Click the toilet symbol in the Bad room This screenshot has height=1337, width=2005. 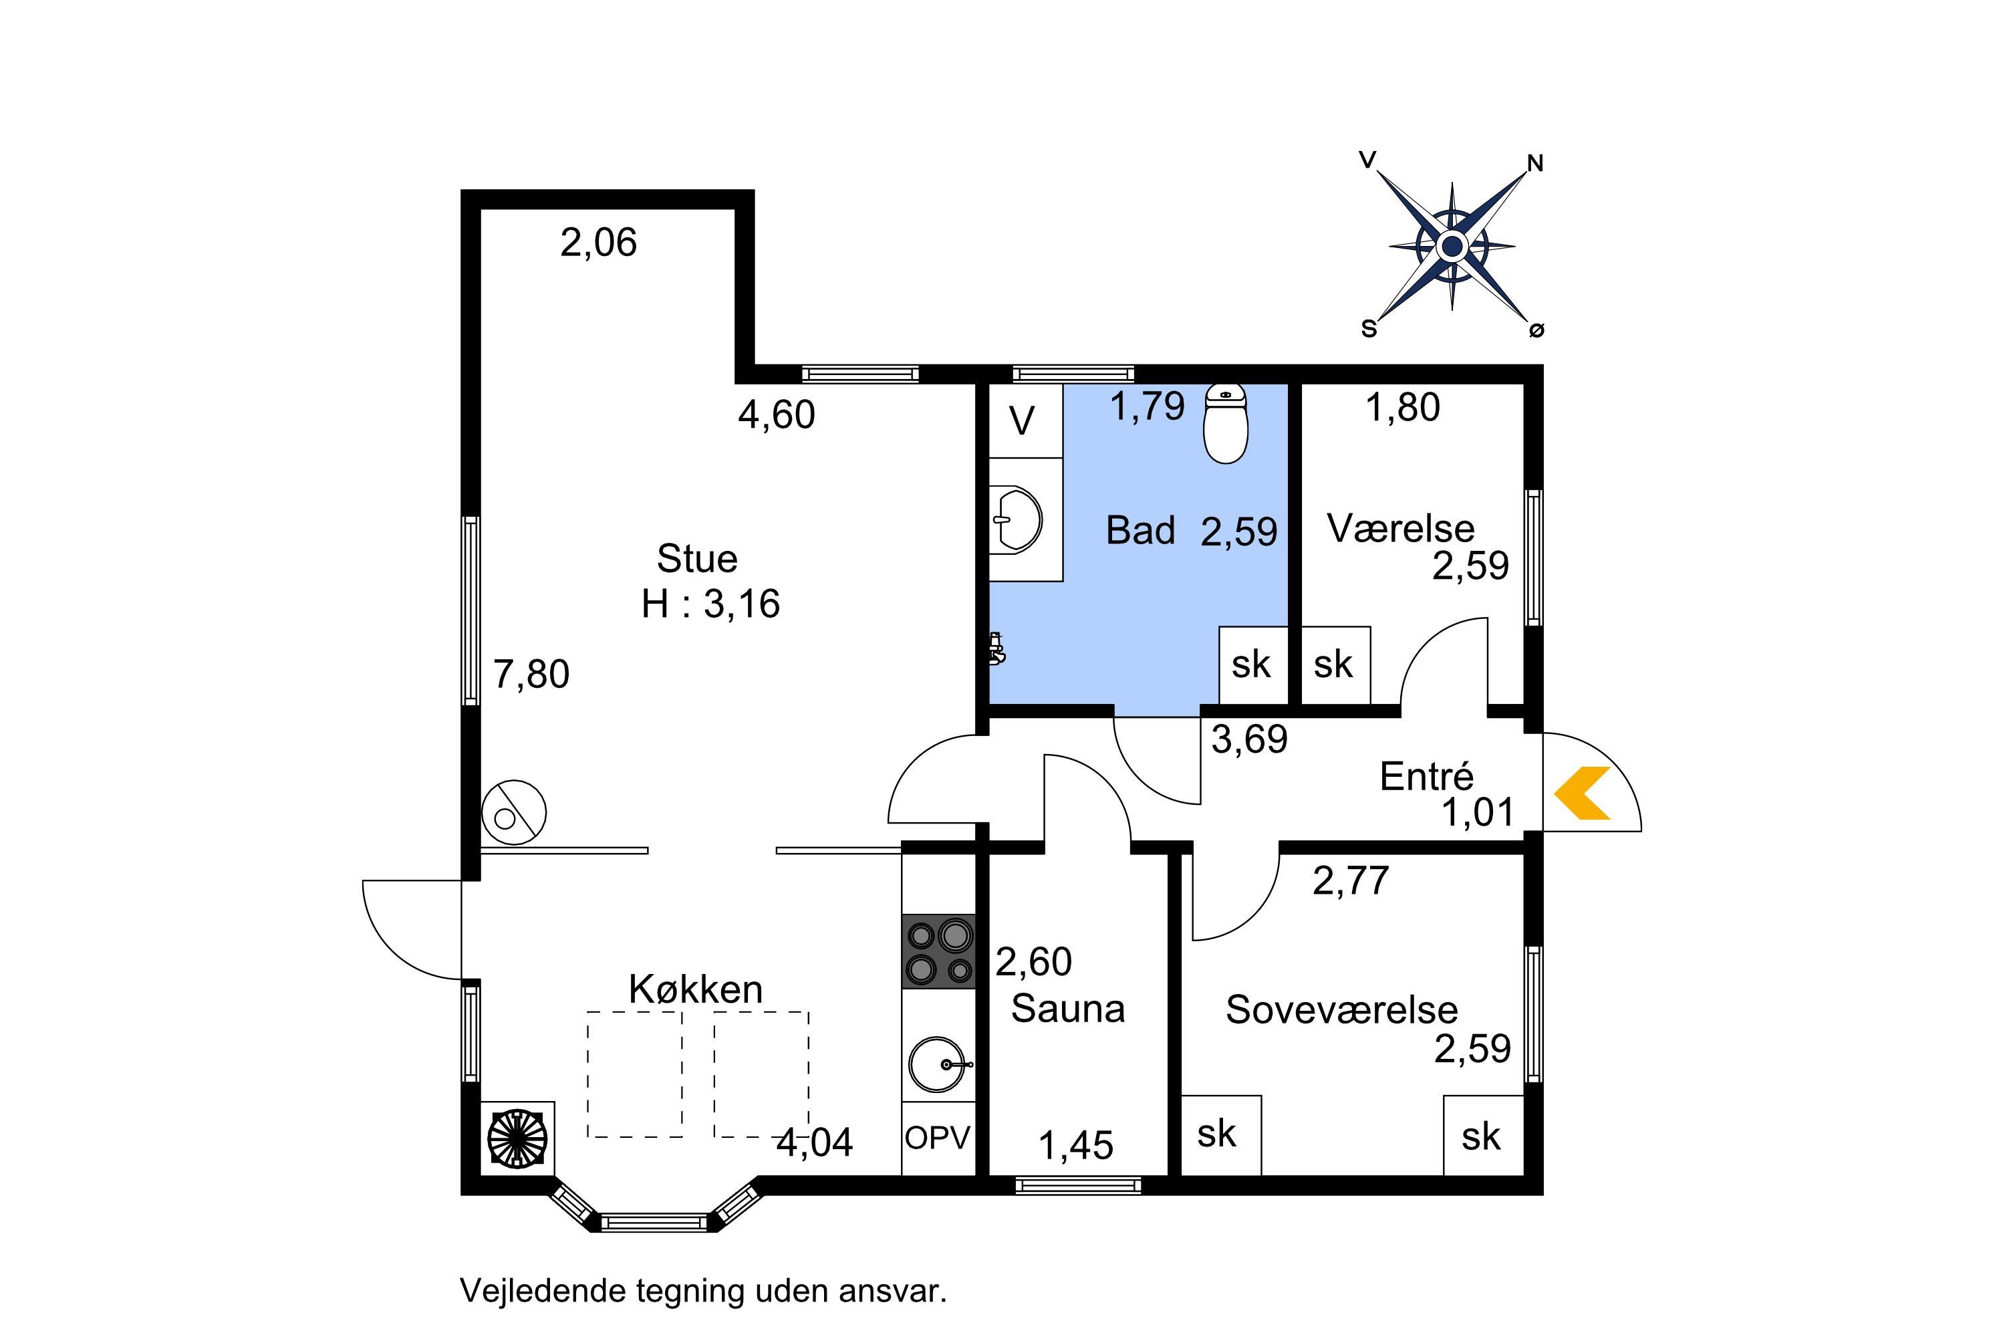1225,424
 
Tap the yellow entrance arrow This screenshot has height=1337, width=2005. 1582,793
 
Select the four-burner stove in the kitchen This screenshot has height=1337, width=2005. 938,951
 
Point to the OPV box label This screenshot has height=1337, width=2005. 938,1138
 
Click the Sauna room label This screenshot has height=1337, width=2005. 1068,1009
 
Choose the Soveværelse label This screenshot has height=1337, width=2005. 1342,1009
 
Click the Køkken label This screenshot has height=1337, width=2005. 696,989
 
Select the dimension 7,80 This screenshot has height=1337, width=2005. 531,675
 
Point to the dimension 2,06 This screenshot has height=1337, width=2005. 598,243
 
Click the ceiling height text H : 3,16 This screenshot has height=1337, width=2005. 711,604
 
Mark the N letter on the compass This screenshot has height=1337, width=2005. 1534,163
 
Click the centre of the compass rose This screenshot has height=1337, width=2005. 1452,247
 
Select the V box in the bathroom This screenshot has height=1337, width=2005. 1025,420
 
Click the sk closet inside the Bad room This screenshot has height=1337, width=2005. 1253,665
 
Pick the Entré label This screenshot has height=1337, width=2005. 1426,777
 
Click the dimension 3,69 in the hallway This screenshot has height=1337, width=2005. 1249,739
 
